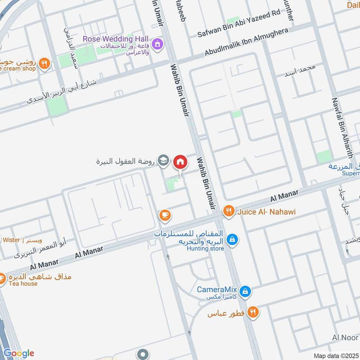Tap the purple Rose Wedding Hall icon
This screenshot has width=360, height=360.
click(157, 44)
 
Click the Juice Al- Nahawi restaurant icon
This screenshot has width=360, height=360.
click(229, 211)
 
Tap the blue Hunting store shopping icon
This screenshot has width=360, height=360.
click(232, 239)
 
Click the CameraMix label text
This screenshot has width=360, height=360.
click(217, 289)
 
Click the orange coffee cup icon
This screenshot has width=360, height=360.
click(165, 215)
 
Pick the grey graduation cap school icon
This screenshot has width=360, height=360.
click(164, 161)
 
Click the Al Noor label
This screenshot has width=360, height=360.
click(345, 338)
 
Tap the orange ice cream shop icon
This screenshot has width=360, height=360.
click(44, 63)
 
